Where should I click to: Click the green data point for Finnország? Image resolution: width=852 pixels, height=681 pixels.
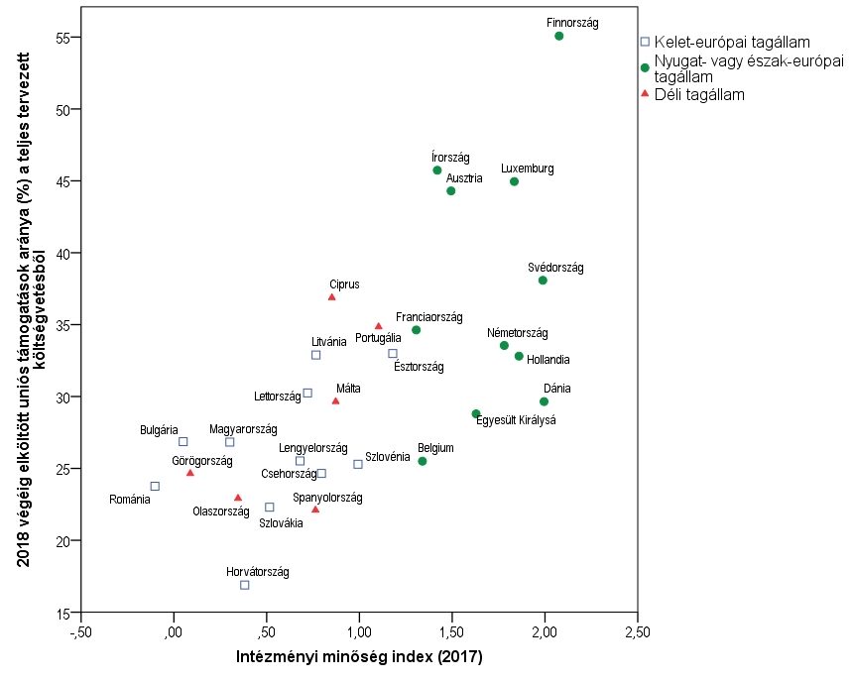[x=559, y=36]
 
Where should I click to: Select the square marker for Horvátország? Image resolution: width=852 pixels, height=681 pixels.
[x=245, y=585]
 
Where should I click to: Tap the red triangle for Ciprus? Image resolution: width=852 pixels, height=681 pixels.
[x=332, y=296]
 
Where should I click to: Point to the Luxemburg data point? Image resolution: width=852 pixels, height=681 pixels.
[x=514, y=181]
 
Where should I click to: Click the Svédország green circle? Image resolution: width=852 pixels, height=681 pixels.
[x=543, y=281]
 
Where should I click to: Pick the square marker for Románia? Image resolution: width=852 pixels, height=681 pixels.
[x=155, y=486]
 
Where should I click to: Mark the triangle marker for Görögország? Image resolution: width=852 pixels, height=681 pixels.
[x=190, y=473]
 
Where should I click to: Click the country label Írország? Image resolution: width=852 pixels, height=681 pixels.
[x=451, y=157]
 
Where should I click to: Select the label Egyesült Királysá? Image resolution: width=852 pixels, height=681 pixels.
[x=517, y=420]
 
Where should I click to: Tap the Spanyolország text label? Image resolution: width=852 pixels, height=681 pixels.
[x=328, y=497]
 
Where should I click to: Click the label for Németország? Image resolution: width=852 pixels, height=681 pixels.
[x=517, y=333]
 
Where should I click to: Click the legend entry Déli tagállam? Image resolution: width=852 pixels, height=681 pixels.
[x=699, y=94]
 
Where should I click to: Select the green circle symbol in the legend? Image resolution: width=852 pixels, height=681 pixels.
[x=645, y=67]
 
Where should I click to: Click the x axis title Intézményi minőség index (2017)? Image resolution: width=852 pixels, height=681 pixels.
[x=359, y=656]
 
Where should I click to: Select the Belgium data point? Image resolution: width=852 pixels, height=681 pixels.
[x=423, y=461]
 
